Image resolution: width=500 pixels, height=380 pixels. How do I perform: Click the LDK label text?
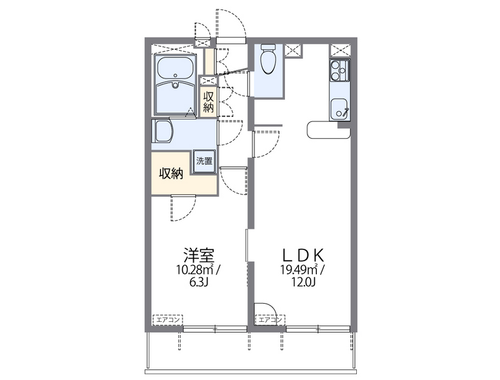302,255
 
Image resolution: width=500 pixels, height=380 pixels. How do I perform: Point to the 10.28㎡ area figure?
196,270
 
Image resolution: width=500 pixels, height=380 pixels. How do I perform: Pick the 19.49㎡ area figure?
299,270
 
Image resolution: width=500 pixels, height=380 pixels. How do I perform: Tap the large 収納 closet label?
170,174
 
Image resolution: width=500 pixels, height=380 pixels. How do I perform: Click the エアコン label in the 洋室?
167,320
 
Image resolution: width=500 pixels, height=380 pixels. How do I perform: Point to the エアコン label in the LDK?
270,320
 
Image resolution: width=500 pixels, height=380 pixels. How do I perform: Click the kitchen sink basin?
340,109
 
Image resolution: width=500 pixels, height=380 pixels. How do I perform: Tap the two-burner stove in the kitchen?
339,71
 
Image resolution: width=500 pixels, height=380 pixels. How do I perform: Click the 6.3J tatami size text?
199,282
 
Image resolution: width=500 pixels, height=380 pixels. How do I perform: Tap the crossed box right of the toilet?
294,49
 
